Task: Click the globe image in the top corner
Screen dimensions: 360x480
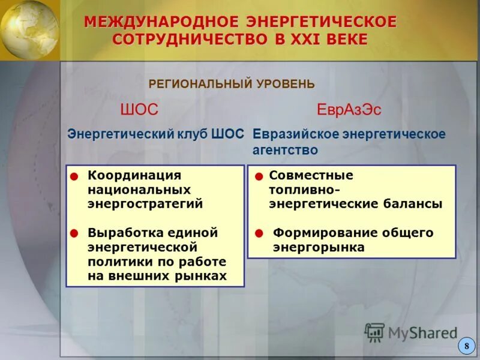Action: [x=28, y=29]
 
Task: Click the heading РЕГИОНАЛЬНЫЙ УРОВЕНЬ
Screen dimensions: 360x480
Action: [x=231, y=84]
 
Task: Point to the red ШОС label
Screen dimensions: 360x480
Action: [x=139, y=110]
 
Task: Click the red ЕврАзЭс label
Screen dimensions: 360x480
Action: [x=349, y=110]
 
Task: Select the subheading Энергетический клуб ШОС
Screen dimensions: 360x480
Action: [x=155, y=134]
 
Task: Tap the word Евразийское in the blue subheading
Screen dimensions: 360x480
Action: [x=295, y=134]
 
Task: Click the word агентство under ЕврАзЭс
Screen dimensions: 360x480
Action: [x=285, y=150]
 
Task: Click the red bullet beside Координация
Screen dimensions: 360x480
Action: [x=74, y=176]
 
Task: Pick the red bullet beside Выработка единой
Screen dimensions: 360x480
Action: [x=74, y=233]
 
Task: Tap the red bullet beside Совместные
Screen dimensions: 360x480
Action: [x=259, y=176]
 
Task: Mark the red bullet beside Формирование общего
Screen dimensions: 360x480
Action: [x=259, y=233]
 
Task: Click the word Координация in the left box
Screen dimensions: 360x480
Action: [x=134, y=175]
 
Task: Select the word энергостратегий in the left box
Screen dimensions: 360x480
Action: [x=145, y=204]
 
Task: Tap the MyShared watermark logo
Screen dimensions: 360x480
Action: [x=411, y=332]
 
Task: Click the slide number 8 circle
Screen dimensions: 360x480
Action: [x=466, y=346]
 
